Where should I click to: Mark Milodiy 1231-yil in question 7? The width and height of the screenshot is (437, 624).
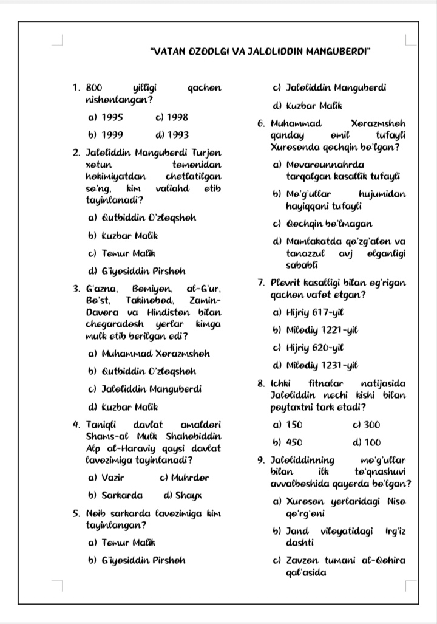pos(320,365)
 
